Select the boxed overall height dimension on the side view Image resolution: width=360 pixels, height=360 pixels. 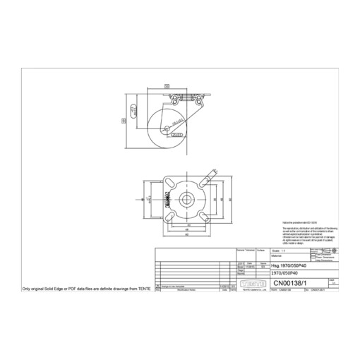pyautogui.click(x=125, y=121)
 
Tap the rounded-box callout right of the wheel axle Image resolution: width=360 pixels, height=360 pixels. pyautogui.click(x=179, y=131)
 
